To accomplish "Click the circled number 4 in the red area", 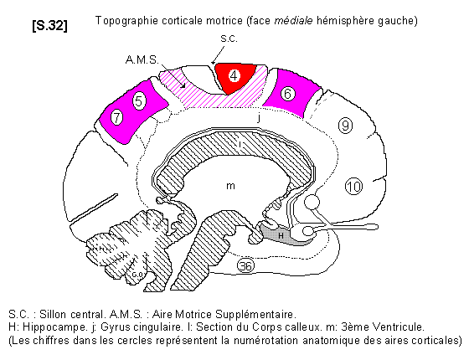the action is (x=234, y=75).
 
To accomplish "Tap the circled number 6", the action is (x=288, y=94).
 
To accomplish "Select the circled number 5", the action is (x=139, y=101).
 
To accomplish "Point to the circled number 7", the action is (x=116, y=117).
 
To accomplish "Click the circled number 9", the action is (x=345, y=126).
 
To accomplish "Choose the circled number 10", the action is (x=353, y=187).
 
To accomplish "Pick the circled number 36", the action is (x=246, y=265).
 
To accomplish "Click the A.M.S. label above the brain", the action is (x=142, y=60).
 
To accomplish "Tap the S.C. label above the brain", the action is (x=229, y=39).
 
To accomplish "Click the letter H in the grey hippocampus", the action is (x=281, y=235).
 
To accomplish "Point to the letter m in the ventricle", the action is (x=230, y=186).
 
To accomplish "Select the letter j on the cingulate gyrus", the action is (x=259, y=118).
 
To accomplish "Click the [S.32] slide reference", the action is (x=50, y=25).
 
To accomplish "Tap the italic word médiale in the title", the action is (x=293, y=21).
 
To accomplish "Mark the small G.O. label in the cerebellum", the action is (x=138, y=275).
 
